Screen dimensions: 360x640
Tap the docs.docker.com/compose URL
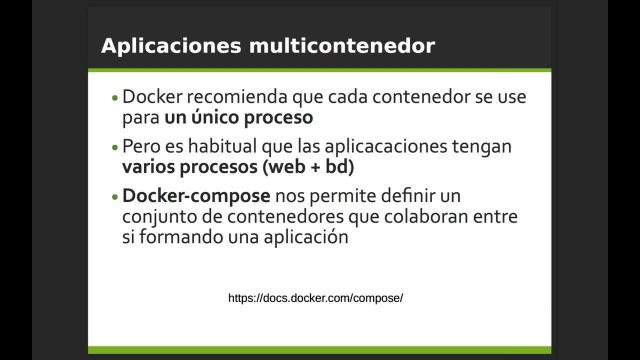pyautogui.click(x=315, y=298)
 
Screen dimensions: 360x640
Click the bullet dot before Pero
pyautogui.click(x=115, y=146)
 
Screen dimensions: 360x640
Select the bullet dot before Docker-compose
pyautogui.click(x=115, y=194)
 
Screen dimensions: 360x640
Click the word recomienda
pyautogui.click(x=233, y=97)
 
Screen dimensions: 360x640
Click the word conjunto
pyautogui.click(x=158, y=216)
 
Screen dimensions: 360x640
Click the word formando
pyautogui.click(x=174, y=238)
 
